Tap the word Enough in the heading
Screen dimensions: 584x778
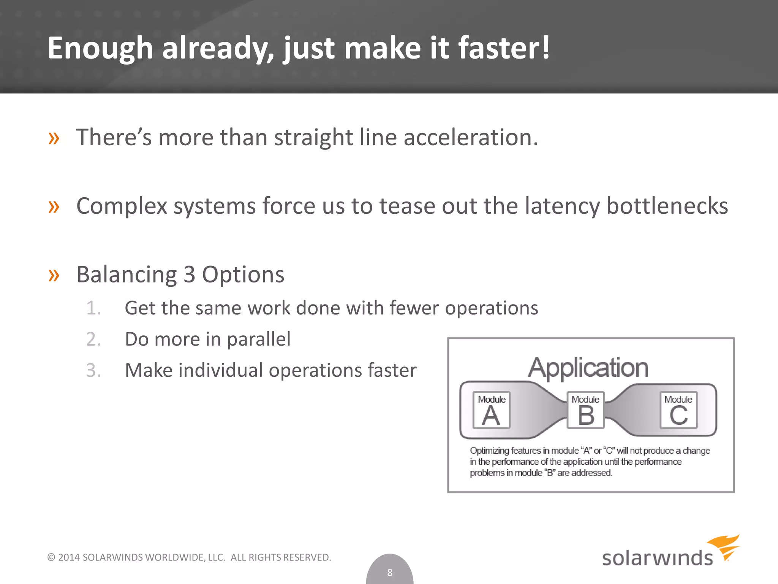100,49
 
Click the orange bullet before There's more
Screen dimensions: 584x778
54,138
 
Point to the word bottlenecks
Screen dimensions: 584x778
667,206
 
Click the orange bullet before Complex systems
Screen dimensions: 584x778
54,207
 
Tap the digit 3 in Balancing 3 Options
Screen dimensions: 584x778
189,275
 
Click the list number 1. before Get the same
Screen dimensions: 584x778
93,308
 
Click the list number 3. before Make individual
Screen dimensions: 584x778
93,370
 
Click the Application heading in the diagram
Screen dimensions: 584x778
588,368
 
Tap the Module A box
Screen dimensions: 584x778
491,410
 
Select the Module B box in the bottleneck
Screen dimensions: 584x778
585,410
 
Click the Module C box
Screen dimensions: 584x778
678,410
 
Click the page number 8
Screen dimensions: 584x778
390,572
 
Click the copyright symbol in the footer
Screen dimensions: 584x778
51,557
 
